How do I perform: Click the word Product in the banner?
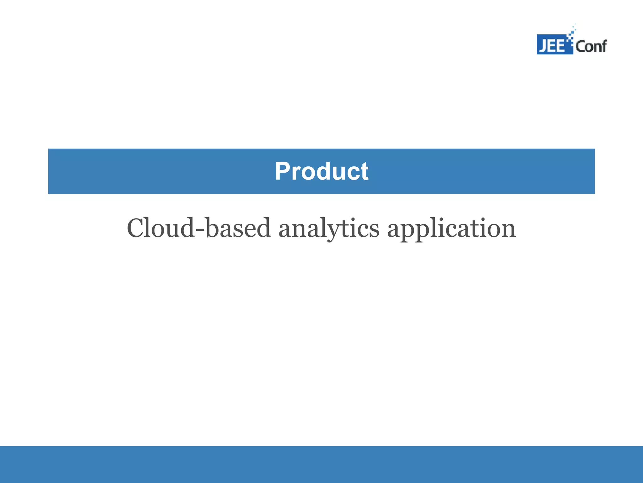[x=321, y=171]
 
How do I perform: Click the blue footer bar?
[x=321, y=464]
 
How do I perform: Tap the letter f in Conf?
[x=603, y=46]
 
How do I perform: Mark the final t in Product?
[x=364, y=172]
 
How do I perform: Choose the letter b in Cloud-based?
[x=214, y=228]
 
